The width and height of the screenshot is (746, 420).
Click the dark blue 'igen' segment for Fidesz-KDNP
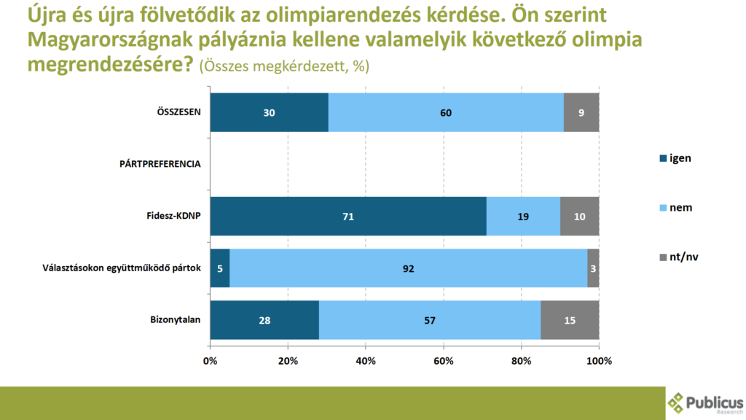[x=348, y=216]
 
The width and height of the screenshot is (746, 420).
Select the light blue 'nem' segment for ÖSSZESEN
[x=446, y=112]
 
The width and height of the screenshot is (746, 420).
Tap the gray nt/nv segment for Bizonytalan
[x=570, y=319]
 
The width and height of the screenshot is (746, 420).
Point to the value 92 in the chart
[x=408, y=268]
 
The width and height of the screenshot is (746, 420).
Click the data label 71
[x=348, y=217]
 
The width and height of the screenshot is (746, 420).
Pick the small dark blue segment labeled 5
[x=219, y=268]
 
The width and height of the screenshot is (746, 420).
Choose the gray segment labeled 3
[x=593, y=268]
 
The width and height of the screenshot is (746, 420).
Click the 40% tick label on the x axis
[x=366, y=361]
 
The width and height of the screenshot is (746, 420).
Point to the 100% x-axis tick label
[x=599, y=361]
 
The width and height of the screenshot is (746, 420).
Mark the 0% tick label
[x=210, y=361]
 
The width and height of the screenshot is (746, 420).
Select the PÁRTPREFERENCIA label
[x=160, y=164]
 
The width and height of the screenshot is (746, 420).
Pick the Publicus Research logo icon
[x=677, y=402]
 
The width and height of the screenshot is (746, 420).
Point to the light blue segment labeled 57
[x=430, y=319]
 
